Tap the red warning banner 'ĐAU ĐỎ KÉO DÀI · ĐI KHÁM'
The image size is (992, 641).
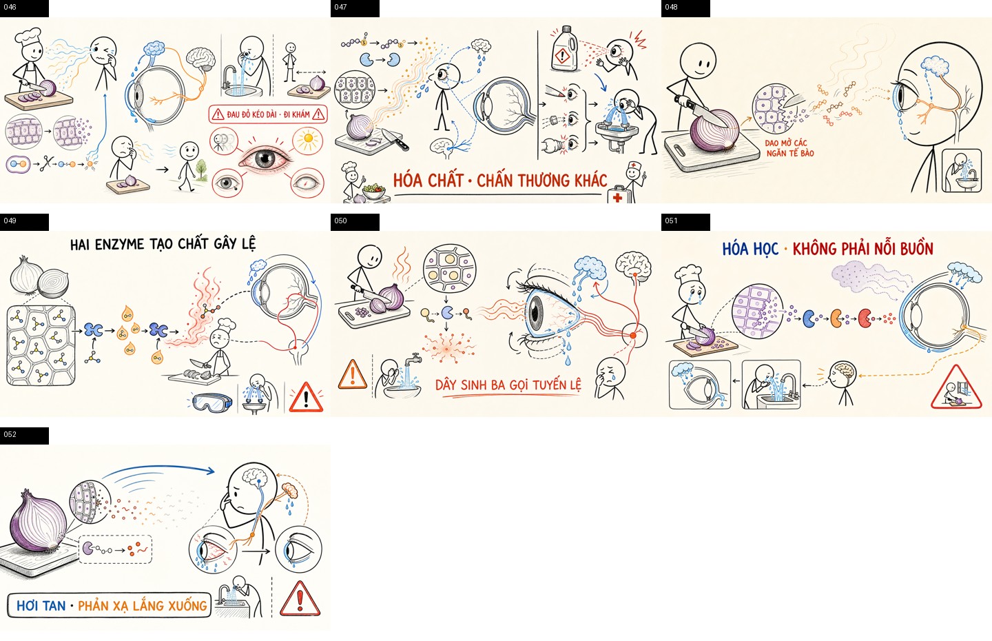(x=268, y=114)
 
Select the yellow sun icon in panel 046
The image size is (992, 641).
(x=308, y=141)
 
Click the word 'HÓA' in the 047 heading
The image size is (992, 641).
(x=406, y=181)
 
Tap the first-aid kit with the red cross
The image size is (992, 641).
(x=617, y=195)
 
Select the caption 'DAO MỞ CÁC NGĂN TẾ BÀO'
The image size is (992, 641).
(x=790, y=148)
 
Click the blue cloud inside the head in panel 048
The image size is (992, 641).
(x=934, y=65)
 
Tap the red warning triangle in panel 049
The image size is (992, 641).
(x=306, y=398)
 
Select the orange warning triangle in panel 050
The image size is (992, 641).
(x=353, y=374)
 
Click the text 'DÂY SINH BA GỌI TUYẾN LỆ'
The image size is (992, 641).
(x=508, y=385)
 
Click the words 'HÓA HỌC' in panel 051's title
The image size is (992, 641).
(x=750, y=249)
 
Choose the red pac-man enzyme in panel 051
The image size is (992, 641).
(x=865, y=318)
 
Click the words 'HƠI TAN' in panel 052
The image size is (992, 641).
(x=41, y=606)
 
